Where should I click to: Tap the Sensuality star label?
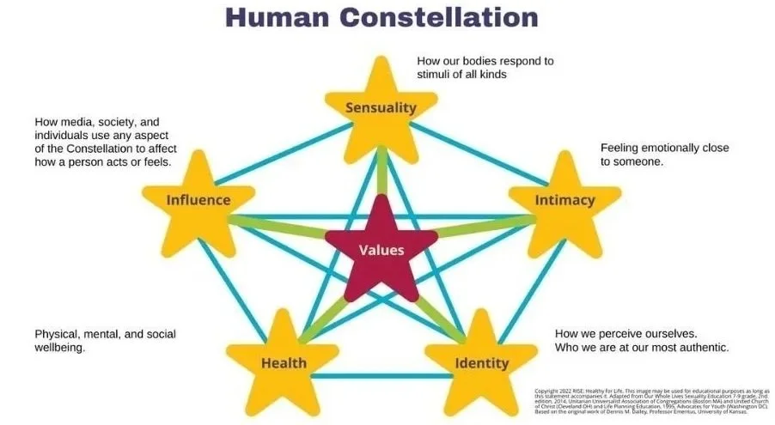coord(381,107)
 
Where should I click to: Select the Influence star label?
coord(198,200)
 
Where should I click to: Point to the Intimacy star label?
coord(564,200)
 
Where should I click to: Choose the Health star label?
coord(284,362)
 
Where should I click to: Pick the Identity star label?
coord(481,362)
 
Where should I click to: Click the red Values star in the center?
coord(381,252)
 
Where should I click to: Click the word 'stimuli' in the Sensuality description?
coord(435,75)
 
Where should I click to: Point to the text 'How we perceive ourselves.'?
coord(625,333)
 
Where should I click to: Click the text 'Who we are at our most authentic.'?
coord(641,348)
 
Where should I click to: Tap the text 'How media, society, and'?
coord(97,122)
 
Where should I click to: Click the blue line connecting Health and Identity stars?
coord(382,375)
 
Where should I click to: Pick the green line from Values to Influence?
coord(284,225)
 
